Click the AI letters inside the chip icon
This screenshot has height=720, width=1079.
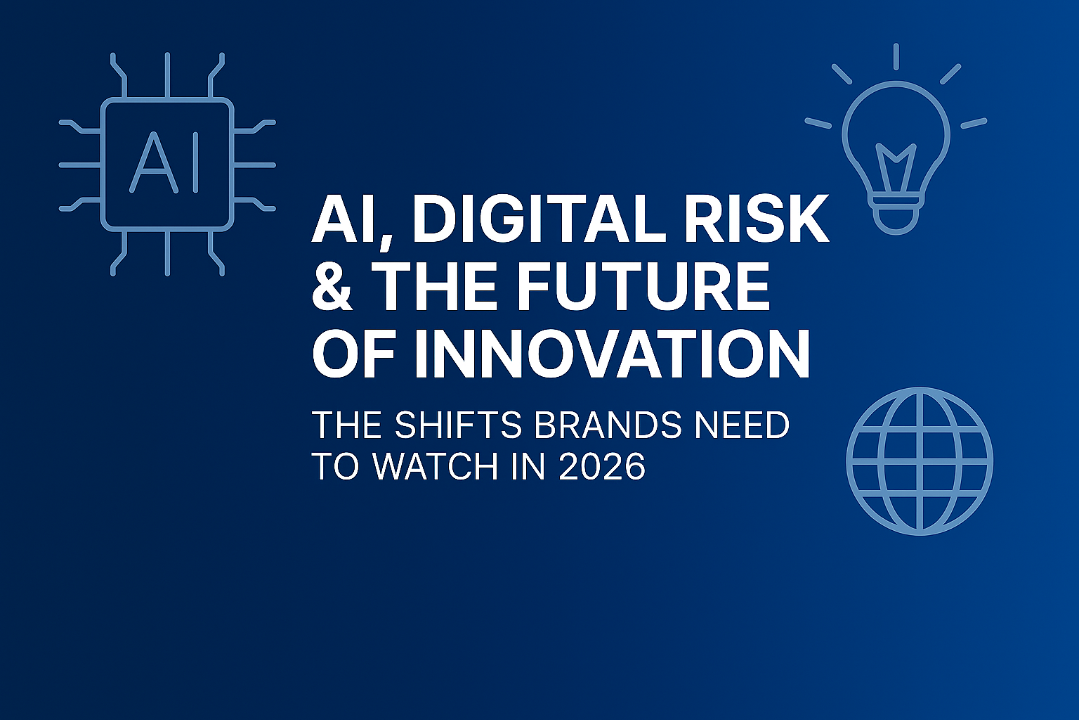pos(166,164)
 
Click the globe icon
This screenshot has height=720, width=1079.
pos(920,461)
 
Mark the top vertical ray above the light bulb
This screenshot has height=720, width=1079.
pos(896,56)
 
